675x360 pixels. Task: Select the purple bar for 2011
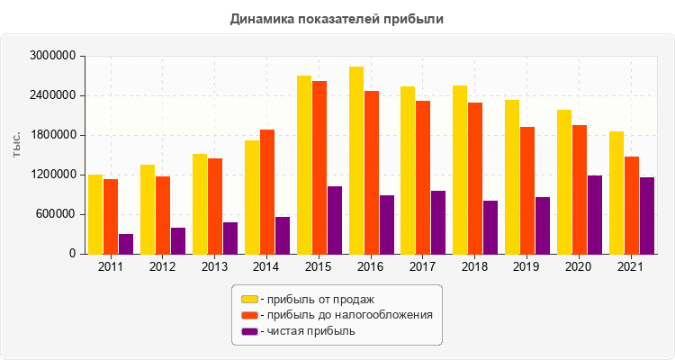[x=126, y=244]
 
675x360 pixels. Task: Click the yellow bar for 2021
[x=616, y=193]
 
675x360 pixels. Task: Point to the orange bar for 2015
[x=319, y=167]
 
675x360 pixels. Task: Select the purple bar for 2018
[x=490, y=227]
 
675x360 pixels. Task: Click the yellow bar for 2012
[x=148, y=209]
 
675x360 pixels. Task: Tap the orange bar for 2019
[x=527, y=190]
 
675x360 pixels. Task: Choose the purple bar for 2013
[x=230, y=238]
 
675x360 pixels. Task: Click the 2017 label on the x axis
[x=423, y=267]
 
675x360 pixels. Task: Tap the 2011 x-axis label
[x=111, y=267]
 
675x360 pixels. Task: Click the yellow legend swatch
[x=248, y=299]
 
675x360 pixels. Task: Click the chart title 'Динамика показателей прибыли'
[x=337, y=18]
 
